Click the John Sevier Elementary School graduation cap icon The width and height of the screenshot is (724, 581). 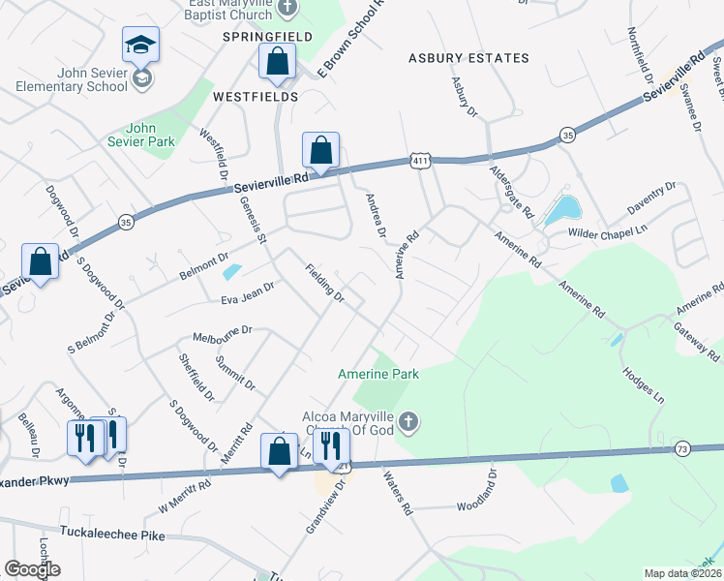(141, 44)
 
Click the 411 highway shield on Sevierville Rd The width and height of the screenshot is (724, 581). (419, 163)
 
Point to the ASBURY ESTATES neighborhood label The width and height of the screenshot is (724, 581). (468, 58)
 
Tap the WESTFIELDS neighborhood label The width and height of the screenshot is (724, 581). (255, 97)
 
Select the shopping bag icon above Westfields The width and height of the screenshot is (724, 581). (278, 61)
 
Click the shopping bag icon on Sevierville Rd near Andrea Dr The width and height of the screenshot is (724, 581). (320, 150)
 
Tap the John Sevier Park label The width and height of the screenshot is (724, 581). (150, 134)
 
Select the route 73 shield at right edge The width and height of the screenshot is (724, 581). (709, 447)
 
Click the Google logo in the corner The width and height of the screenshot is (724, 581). (31, 568)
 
